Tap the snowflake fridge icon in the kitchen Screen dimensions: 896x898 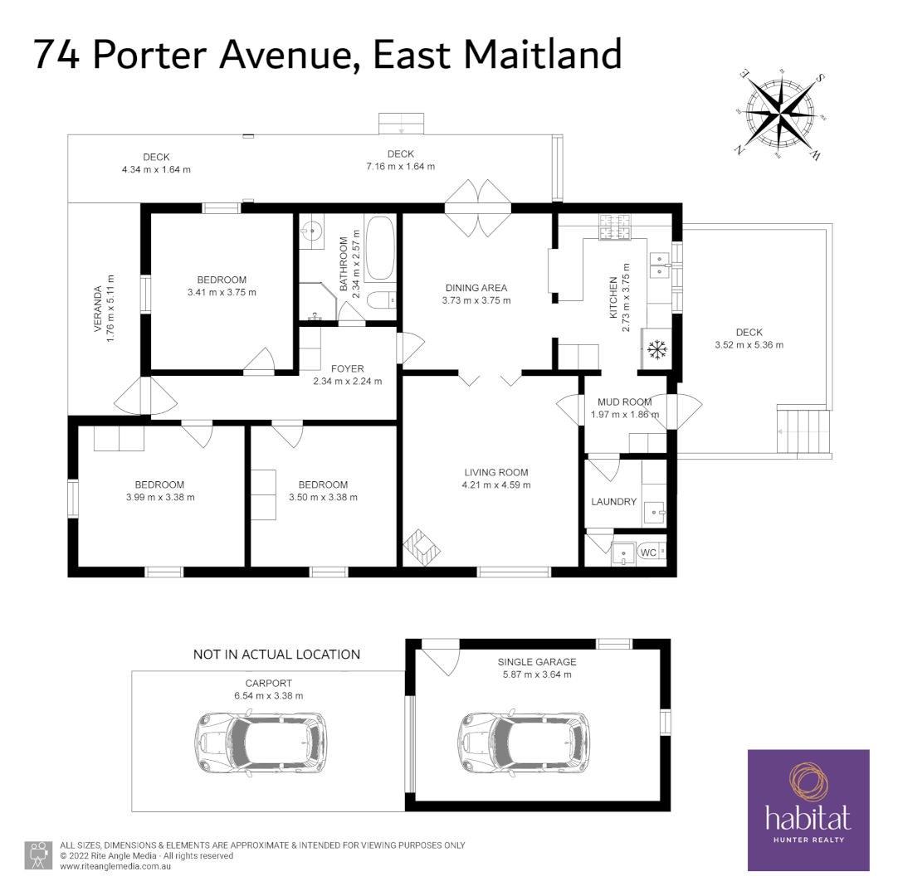(x=657, y=349)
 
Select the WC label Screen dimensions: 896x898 (x=648, y=553)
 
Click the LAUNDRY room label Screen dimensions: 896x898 (x=613, y=502)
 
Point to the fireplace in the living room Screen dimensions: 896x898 (x=422, y=548)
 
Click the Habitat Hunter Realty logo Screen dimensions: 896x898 (x=808, y=810)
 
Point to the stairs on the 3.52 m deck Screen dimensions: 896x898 (x=804, y=430)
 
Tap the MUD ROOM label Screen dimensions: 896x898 (x=624, y=402)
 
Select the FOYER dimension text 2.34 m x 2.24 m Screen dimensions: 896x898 (x=348, y=382)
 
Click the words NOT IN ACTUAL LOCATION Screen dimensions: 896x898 (x=276, y=655)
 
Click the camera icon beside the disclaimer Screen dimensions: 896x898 (x=37, y=855)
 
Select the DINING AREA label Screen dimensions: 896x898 (x=476, y=288)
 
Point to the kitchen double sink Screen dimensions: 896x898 (x=661, y=264)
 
